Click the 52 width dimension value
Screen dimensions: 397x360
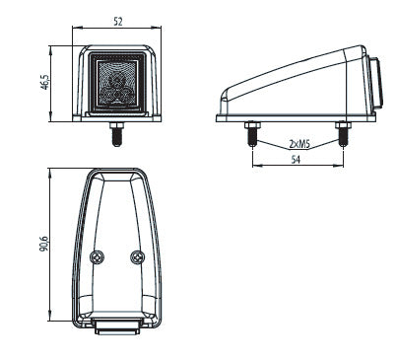pos(118,22)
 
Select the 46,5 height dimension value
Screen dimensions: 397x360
pos(44,82)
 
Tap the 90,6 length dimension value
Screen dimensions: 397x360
pos(43,244)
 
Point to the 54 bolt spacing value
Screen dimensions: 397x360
pos(296,160)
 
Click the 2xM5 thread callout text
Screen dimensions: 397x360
pos(299,144)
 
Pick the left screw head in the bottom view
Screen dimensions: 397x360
pos(98,257)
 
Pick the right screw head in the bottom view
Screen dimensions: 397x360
pos(138,257)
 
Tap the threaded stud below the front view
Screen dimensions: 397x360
pos(116,137)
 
